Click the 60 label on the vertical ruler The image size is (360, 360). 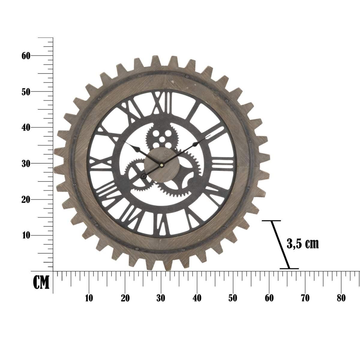[x=26, y=55]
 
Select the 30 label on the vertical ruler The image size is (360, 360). [x=26, y=163]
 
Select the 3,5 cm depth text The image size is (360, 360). [x=302, y=244]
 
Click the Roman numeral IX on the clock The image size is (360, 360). [x=101, y=163]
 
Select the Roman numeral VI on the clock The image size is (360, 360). [x=162, y=224]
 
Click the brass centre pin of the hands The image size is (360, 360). [x=162, y=165]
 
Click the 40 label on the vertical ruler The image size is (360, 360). [x=26, y=127]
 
